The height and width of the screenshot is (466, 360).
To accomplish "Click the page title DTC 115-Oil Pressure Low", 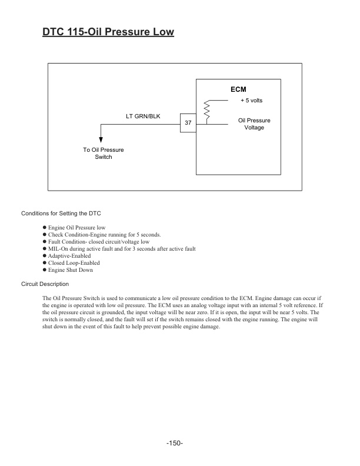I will tap(108, 32).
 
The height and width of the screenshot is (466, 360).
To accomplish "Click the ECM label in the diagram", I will tap(238, 89).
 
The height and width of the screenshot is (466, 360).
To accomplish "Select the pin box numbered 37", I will tap(188, 123).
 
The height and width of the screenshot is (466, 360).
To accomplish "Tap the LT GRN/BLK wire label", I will tap(143, 116).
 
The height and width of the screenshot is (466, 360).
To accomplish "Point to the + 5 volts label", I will tap(251, 101).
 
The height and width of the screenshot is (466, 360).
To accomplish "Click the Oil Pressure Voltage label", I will tap(254, 124).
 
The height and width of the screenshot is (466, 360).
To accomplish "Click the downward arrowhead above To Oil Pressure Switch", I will tap(101, 140).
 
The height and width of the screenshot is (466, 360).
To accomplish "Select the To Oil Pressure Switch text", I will tap(104, 154).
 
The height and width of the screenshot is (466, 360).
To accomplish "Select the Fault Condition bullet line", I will tap(98, 242).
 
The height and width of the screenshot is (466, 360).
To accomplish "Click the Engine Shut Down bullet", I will tap(70, 270).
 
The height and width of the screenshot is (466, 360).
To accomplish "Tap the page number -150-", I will tap(175, 443).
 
